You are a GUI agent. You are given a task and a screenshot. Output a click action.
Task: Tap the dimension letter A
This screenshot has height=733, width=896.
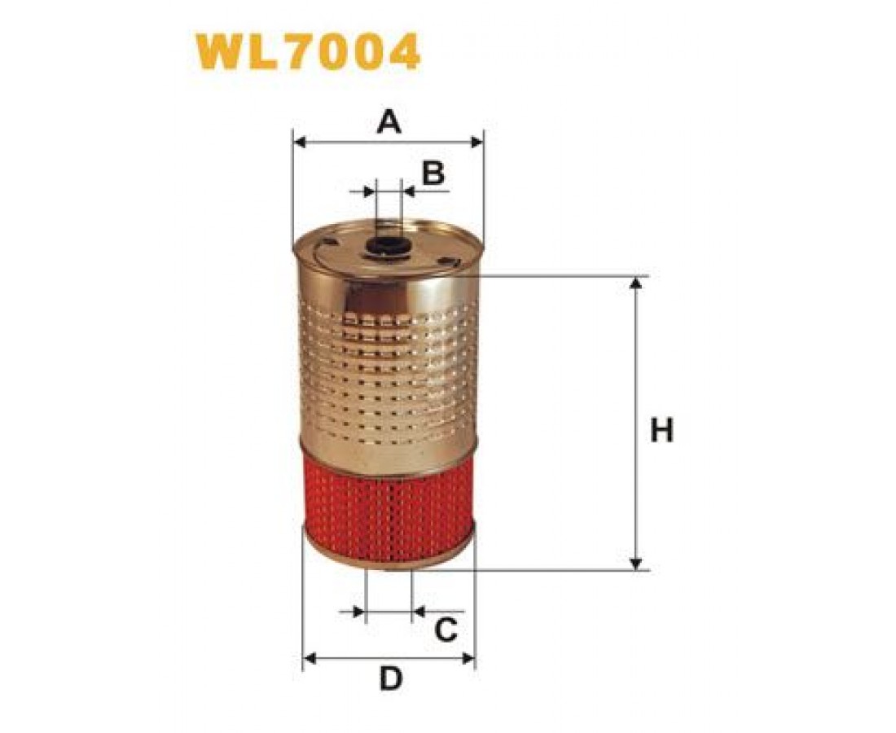[389, 121]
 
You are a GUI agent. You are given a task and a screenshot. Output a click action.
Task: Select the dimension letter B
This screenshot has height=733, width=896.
[433, 173]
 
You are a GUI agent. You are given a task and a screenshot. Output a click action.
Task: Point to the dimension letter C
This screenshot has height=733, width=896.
[446, 630]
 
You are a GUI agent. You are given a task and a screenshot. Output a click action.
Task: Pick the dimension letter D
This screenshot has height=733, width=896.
[392, 678]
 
